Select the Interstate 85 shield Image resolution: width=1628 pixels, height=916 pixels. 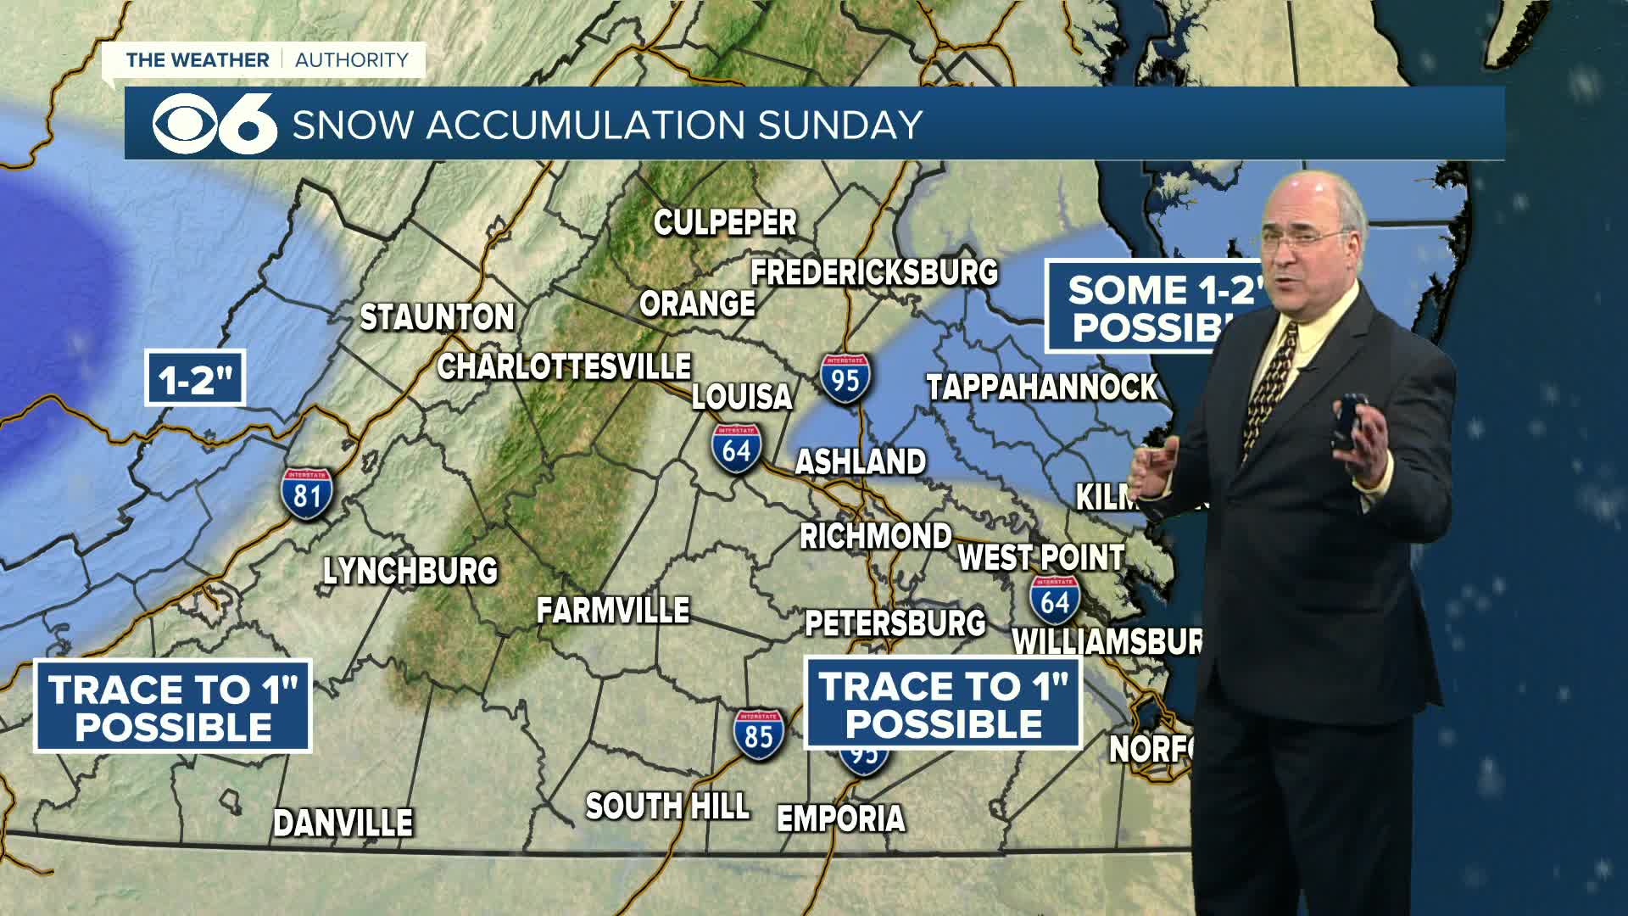click(758, 735)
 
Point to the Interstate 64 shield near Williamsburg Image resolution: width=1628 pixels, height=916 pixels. click(1055, 600)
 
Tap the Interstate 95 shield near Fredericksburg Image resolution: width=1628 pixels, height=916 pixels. click(845, 379)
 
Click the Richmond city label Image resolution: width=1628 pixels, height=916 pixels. click(876, 536)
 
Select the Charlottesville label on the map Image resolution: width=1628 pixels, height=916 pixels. click(564, 366)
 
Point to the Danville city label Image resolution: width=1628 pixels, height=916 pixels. click(343, 823)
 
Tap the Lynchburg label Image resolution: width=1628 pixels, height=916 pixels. click(410, 571)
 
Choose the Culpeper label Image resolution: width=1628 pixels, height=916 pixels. click(725, 222)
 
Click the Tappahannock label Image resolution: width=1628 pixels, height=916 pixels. click(1041, 387)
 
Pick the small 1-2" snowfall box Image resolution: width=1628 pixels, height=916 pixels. click(195, 378)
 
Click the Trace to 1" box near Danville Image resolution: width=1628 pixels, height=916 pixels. click(173, 707)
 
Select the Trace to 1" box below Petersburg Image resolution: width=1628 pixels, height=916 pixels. click(943, 703)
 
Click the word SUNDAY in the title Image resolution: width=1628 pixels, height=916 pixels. click(839, 125)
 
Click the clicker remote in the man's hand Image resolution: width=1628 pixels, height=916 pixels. click(1346, 422)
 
